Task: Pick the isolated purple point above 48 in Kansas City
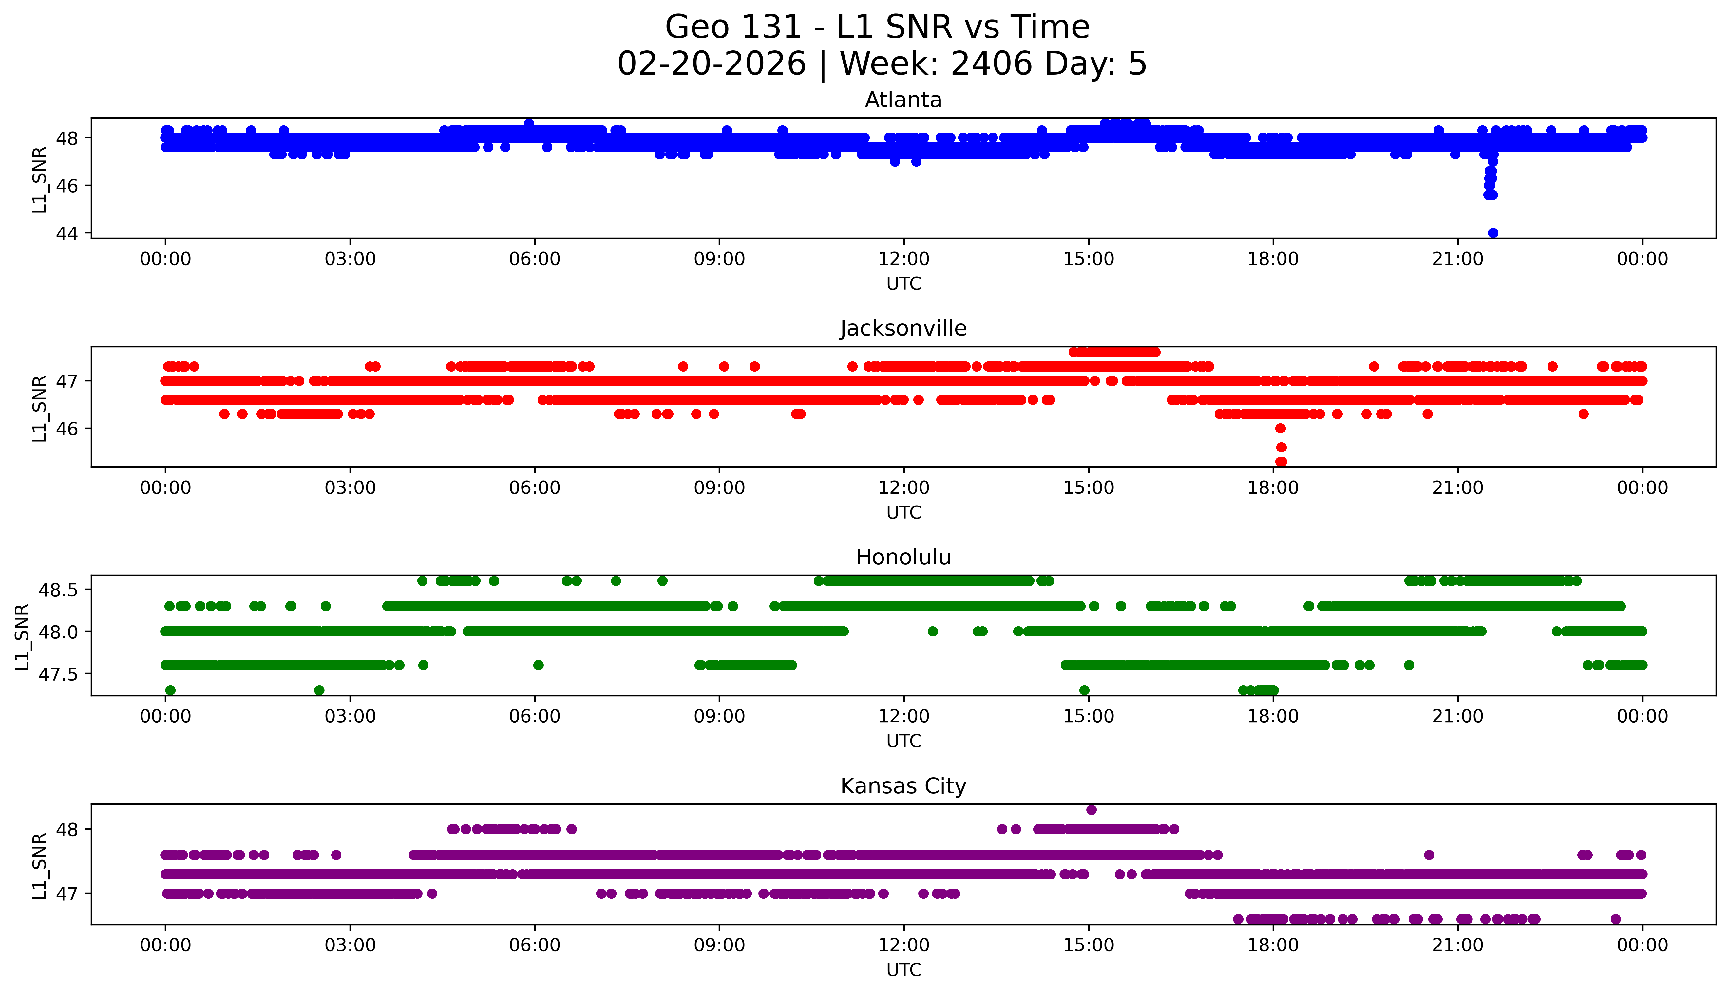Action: tap(1091, 810)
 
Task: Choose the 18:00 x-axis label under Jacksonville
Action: tap(1273, 487)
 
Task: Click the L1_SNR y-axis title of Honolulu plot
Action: tap(22, 636)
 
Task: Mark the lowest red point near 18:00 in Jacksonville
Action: tap(1281, 462)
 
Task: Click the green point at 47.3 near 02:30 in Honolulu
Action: tap(319, 690)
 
